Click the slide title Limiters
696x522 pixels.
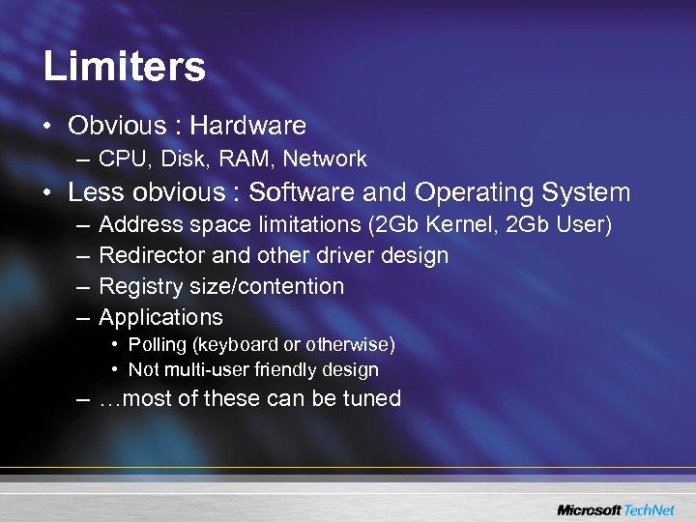pos(124,68)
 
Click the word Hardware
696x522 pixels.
pos(247,126)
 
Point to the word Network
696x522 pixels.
pos(325,159)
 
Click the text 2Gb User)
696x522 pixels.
pos(561,225)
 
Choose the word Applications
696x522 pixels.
pos(160,317)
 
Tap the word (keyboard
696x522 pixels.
pos(224,345)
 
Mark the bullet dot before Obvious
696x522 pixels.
pos(48,127)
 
